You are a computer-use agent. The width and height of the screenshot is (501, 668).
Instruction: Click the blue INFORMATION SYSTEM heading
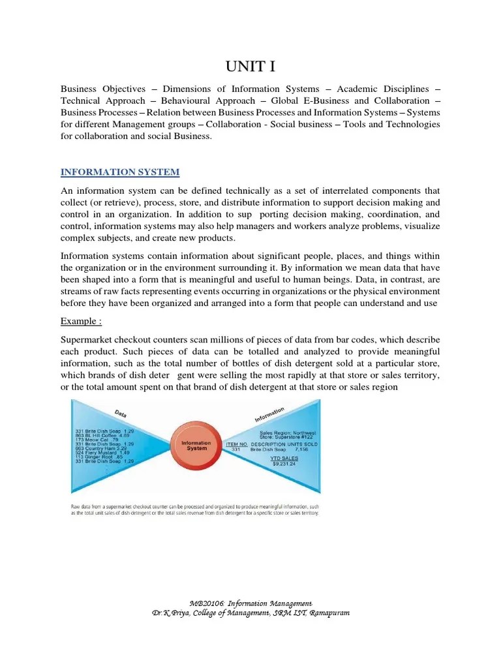coord(120,172)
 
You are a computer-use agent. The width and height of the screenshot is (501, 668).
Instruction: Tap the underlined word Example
coord(81,321)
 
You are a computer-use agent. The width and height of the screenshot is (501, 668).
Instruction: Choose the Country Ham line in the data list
coord(102,448)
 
